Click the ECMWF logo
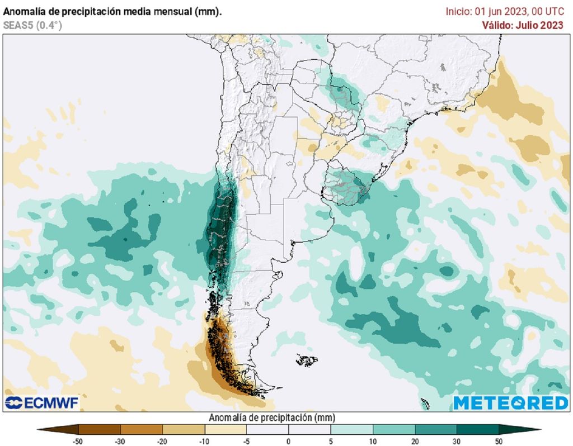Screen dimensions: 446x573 click(x=42, y=402)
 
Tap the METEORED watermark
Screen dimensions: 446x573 click(x=510, y=402)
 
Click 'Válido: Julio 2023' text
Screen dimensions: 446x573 click(x=523, y=25)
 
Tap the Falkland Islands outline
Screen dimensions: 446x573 click(x=307, y=360)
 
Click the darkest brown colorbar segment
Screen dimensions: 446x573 click(x=99, y=429)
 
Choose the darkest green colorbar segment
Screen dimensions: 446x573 click(x=478, y=429)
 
